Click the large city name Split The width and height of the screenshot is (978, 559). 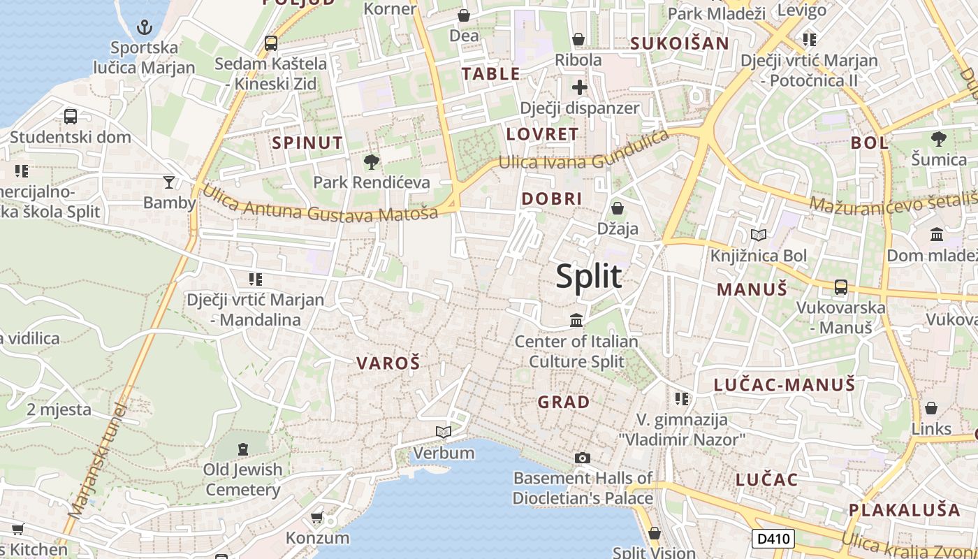[589, 277]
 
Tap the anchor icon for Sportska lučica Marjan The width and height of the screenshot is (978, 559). [144, 28]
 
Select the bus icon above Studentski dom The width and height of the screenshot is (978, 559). [71, 117]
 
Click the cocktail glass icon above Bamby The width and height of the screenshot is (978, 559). [169, 182]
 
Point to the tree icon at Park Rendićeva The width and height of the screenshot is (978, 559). [372, 162]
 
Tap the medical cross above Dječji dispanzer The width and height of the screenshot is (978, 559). [579, 87]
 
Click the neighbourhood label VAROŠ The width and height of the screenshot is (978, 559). [388, 363]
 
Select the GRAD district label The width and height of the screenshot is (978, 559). [564, 402]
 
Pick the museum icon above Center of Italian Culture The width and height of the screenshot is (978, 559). [576, 321]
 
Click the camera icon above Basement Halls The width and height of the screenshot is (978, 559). [583, 458]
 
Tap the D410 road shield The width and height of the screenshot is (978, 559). [773, 539]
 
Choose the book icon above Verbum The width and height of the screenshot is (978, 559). [444, 433]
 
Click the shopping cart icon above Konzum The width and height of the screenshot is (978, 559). [316, 518]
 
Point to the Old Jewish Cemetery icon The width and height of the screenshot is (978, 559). [243, 449]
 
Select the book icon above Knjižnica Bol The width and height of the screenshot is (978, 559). [758, 235]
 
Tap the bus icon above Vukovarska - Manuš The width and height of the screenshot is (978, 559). [841, 287]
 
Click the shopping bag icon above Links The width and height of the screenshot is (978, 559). [931, 408]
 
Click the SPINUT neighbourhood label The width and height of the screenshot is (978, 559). [307, 143]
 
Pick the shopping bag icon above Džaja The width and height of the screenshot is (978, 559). [618, 208]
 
